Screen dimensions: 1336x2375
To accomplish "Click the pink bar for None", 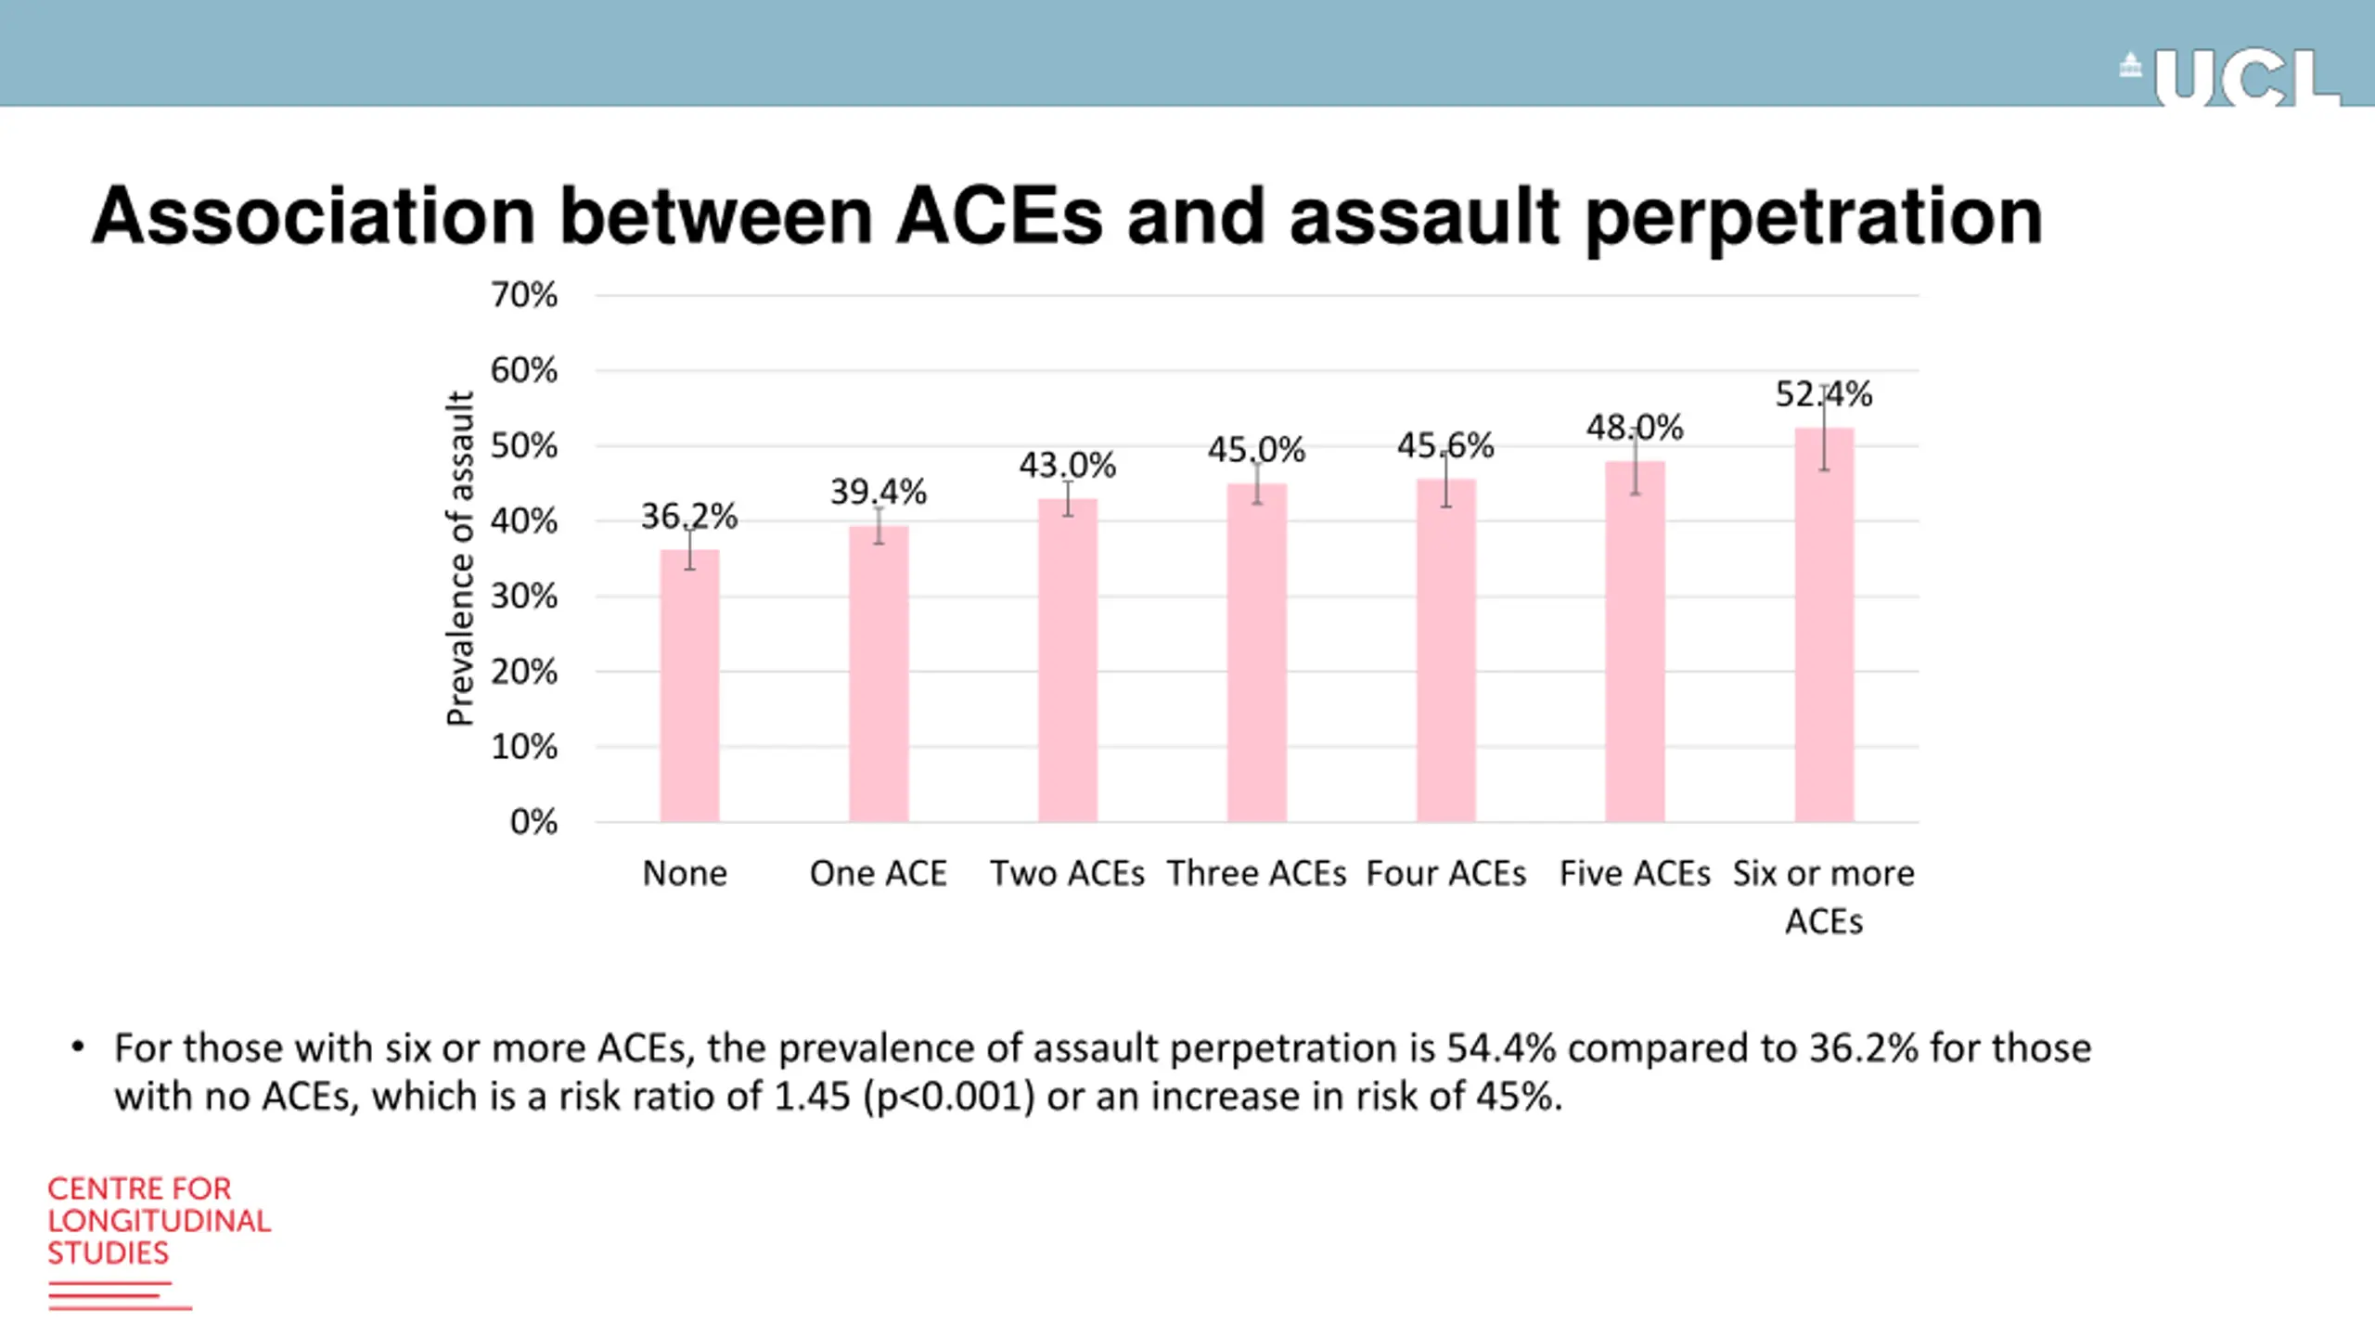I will [x=689, y=686].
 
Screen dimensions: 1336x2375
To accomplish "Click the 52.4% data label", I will [x=1823, y=394].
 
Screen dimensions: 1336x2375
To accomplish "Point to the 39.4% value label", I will [x=878, y=492].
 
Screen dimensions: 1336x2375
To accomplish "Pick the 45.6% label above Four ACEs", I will [x=1444, y=446].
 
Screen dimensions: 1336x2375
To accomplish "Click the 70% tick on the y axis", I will [x=524, y=295].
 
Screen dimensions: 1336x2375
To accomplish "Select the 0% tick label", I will [x=533, y=822].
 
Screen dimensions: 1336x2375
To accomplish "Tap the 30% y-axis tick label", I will [x=524, y=596].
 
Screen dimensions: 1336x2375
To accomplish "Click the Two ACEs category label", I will [x=1067, y=873].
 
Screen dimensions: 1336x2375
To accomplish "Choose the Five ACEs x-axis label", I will [x=1635, y=873].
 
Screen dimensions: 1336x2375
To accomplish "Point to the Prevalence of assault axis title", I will [x=460, y=558].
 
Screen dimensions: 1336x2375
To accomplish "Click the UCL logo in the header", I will [x=2231, y=79].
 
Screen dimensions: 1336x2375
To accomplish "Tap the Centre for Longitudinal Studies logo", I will [x=158, y=1240].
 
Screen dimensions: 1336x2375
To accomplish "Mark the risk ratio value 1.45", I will [x=812, y=1097].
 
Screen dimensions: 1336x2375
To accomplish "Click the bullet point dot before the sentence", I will [x=78, y=1048].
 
